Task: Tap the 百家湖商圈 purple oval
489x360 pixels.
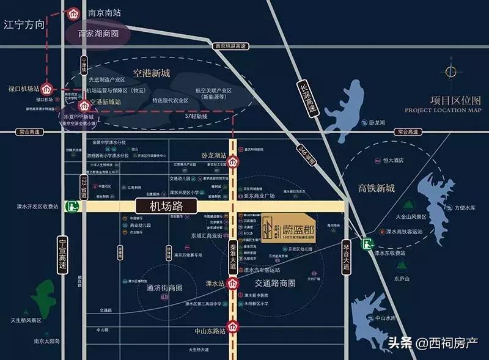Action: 98,34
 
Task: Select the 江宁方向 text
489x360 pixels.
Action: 24,25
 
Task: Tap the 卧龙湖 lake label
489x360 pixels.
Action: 377,122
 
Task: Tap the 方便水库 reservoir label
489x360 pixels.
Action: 465,207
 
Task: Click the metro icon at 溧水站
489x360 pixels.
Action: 233,283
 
